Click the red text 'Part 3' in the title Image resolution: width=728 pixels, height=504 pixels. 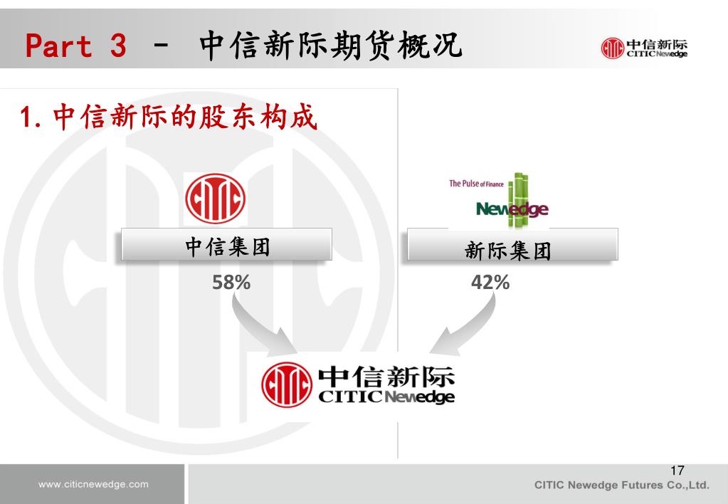[76, 46]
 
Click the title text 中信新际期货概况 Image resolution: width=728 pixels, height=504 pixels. [330, 46]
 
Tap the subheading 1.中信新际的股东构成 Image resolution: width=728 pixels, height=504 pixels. [167, 117]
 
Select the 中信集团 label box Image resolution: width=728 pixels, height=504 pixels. [227, 246]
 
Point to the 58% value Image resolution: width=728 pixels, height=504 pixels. [231, 283]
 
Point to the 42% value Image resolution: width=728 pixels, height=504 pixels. [490, 283]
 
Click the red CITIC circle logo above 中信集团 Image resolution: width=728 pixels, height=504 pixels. [215, 199]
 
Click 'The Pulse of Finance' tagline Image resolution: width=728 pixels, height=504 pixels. [476, 184]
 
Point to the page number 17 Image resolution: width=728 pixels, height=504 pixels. [677, 471]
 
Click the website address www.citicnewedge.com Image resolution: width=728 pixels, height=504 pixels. [93, 485]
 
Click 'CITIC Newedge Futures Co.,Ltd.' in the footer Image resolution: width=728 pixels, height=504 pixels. [622, 485]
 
